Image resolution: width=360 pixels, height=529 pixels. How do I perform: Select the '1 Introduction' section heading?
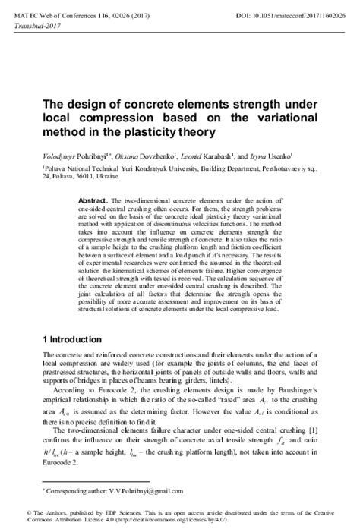pos(74,336)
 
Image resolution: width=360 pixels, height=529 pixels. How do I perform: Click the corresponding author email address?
pos(138,493)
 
